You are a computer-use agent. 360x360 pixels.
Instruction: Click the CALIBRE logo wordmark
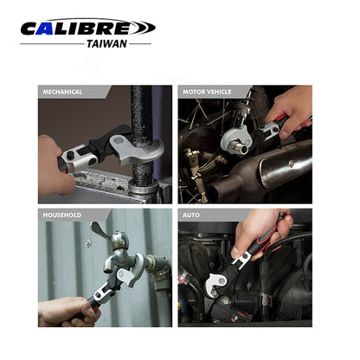tap(88, 28)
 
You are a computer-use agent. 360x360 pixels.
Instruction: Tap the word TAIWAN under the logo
tap(106, 44)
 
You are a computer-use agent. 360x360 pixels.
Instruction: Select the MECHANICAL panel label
tap(62, 92)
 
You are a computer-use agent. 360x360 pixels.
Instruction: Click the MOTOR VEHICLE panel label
tap(207, 92)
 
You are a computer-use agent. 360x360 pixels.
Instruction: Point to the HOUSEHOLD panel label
tap(62, 215)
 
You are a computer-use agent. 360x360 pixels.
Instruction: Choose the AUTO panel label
tap(191, 215)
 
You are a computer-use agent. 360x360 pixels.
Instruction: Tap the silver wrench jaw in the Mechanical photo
tap(136, 149)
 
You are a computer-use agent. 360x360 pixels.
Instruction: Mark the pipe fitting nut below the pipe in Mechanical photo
tap(144, 189)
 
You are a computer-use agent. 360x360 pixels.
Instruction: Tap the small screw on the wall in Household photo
tap(87, 244)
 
